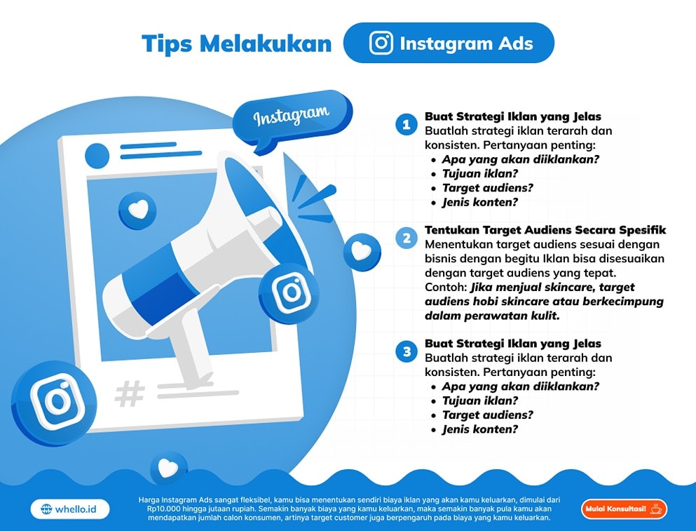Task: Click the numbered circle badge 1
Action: pos(406,124)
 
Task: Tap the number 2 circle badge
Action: pos(406,238)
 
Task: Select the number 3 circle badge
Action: pos(406,352)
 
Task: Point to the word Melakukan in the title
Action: pos(266,43)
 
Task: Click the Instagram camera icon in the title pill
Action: pos(381,43)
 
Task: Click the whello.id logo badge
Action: pos(69,509)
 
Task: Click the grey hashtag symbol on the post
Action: pos(130,394)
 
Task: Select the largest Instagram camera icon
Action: pos(55,401)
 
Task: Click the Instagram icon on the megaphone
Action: pos(290,292)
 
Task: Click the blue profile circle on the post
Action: pos(97,156)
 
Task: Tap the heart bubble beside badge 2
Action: pos(362,252)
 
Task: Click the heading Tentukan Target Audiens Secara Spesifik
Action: pos(545,230)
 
